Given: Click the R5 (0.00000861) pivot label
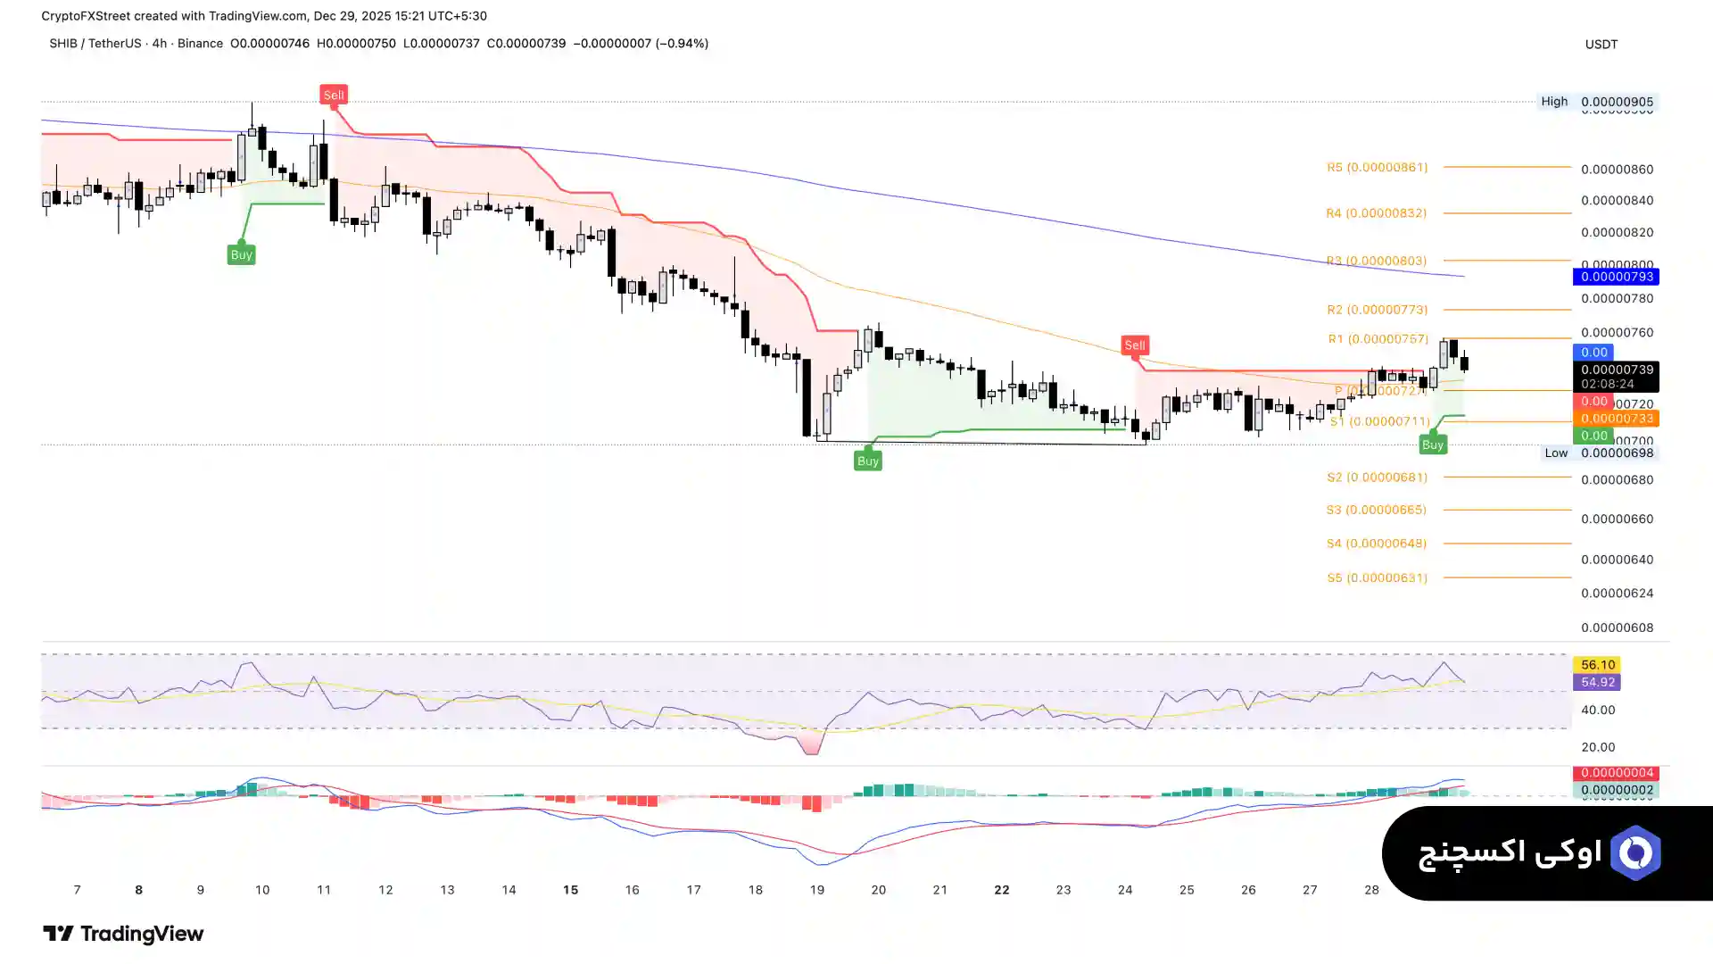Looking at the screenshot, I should pos(1377,168).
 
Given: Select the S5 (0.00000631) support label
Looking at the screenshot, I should pos(1377,578).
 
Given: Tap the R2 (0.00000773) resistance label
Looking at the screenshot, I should pos(1377,310).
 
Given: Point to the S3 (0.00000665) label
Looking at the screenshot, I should pos(1376,510).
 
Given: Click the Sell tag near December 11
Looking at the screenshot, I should pos(334,96).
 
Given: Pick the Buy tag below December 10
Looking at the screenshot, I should pos(241,255).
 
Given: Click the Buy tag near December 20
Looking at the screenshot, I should pos(868,461).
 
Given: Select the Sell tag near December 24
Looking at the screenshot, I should pos(1134,345).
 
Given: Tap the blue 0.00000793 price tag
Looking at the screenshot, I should pos(1616,278).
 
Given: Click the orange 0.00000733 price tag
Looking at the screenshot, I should pos(1616,419).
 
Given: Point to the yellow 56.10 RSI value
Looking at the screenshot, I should pos(1597,665).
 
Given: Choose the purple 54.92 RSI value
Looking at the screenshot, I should pos(1597,682).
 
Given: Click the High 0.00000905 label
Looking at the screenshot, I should pos(1597,102).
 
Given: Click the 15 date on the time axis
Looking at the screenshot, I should pos(570,890).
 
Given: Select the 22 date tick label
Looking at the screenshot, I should pos(1002,890).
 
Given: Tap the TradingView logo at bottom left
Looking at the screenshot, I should pos(123,934).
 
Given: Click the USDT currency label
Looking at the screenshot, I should pos(1601,45).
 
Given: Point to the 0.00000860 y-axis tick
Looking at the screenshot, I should pos(1617,170).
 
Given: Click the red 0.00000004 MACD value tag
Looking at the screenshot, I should pos(1616,773).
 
